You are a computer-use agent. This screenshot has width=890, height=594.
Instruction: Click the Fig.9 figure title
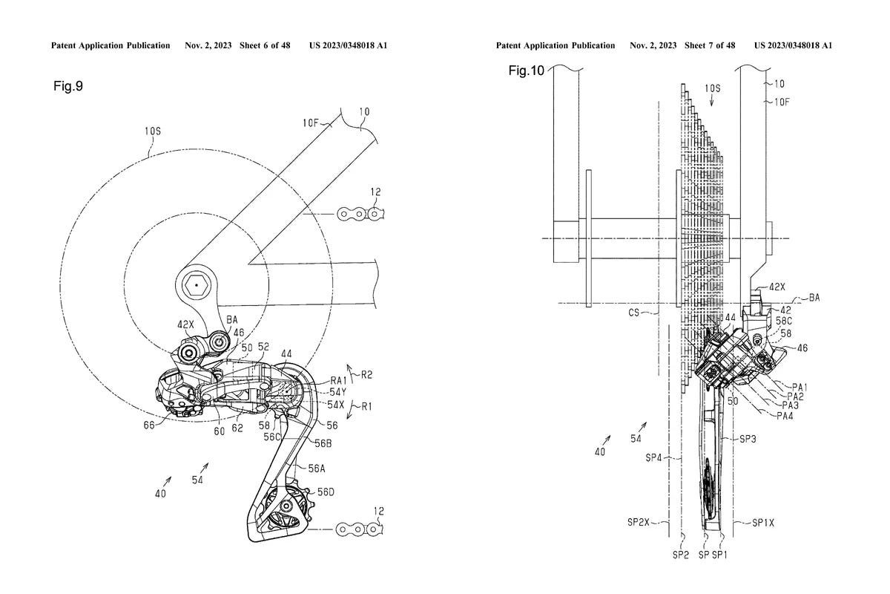[68, 87]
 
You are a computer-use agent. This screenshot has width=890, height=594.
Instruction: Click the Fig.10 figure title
[527, 71]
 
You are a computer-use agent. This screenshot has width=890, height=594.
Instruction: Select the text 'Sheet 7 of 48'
[710, 46]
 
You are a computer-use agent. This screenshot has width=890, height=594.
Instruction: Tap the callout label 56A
[316, 468]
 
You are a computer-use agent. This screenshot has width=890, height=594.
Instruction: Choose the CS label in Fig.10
[634, 313]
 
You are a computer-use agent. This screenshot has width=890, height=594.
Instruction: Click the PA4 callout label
[785, 416]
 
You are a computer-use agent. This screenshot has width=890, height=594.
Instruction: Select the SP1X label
[762, 522]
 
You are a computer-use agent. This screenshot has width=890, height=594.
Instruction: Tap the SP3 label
[748, 440]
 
